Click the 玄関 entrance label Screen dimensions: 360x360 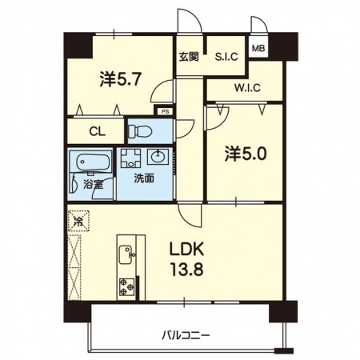pos(189,57)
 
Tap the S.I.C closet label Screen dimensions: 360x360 pos(226,57)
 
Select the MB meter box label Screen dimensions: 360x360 pos(258,48)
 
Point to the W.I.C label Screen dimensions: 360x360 pos(247,88)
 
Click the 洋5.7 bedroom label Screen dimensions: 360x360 pos(120,79)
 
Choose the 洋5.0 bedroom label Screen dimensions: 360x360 pos(246,154)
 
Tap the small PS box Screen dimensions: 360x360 pos(166,112)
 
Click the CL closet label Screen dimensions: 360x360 pos(98,132)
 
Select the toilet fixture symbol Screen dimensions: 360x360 pos(140,131)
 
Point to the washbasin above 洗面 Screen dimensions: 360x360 pos(158,157)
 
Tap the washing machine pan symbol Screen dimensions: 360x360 pos(130,158)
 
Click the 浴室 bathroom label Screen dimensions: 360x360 pos(94,184)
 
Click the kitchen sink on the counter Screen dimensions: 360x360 pos(127,254)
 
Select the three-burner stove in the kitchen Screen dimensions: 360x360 pos(127,286)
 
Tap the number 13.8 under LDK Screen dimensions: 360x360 pos(187,269)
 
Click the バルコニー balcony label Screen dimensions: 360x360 pos(186,335)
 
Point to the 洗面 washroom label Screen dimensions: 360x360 pos(144,178)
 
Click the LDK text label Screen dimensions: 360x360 pos(187,249)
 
